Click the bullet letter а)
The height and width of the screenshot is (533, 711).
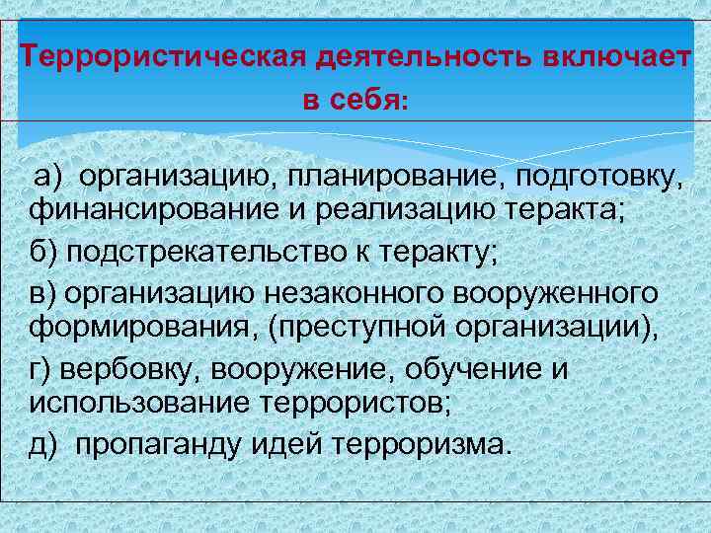[x=48, y=177]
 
